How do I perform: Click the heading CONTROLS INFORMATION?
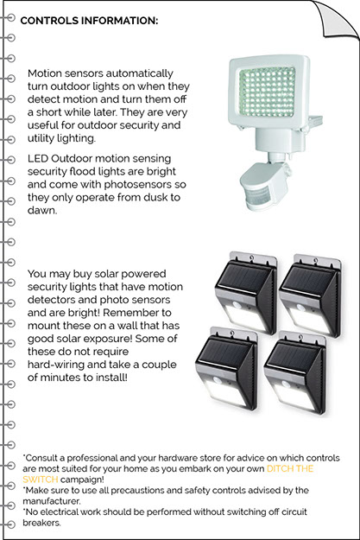(x=89, y=21)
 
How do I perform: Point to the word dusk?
(x=150, y=197)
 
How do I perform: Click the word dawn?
(x=42, y=211)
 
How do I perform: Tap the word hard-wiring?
(x=56, y=365)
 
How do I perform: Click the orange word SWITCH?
(x=40, y=479)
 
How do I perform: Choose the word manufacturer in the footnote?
(x=52, y=501)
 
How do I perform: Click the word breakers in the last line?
(x=41, y=523)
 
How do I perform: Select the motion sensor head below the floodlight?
(x=264, y=187)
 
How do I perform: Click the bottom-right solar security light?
(x=294, y=373)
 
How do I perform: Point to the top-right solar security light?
(x=311, y=295)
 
